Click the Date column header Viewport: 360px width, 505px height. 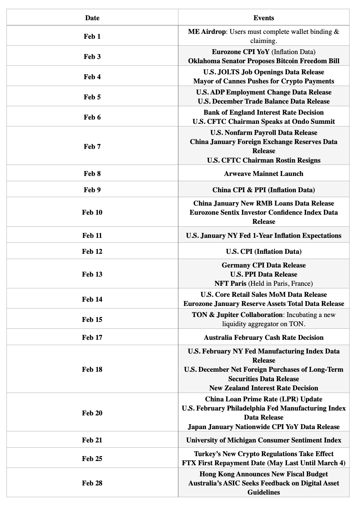tap(92, 18)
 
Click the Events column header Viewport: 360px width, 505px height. tap(263, 18)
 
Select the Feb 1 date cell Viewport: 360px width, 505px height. tap(92, 36)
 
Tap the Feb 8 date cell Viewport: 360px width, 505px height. tap(92, 173)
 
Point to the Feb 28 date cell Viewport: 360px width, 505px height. tap(92, 483)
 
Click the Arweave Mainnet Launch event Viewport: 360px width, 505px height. tap(263, 173)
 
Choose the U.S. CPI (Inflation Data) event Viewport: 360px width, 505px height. tap(263, 251)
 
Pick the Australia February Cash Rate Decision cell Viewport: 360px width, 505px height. tap(263, 337)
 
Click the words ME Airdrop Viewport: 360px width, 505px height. tap(207, 32)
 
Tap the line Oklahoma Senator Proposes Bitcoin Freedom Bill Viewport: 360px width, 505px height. tap(263, 61)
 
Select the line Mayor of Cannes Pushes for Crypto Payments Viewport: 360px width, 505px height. tap(263, 81)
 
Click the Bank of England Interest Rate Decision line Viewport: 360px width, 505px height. tap(263, 112)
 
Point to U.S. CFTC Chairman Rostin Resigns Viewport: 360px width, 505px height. tap(263, 160)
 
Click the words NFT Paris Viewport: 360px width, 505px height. tap(230, 283)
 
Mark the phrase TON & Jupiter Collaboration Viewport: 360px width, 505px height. tap(237, 315)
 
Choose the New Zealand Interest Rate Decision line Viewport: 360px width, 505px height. tap(263, 388)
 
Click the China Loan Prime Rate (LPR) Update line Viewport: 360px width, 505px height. tap(263, 399)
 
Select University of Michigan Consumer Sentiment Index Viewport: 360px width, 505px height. tap(263, 440)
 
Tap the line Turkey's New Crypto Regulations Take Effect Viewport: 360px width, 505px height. tap(263, 454)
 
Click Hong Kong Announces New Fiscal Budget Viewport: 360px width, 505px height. tap(263, 474)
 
